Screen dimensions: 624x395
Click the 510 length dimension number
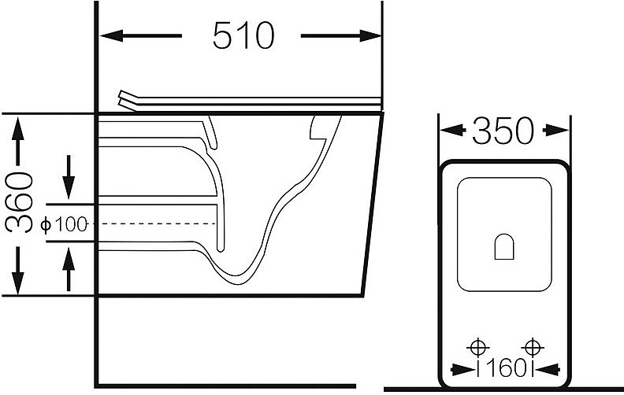tap(243, 35)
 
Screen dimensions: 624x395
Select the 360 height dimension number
tap(19, 202)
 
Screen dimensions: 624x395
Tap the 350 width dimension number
tap(503, 131)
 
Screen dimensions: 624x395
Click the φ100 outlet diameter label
tap(64, 225)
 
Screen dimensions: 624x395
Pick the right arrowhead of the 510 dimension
tap(370, 35)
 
